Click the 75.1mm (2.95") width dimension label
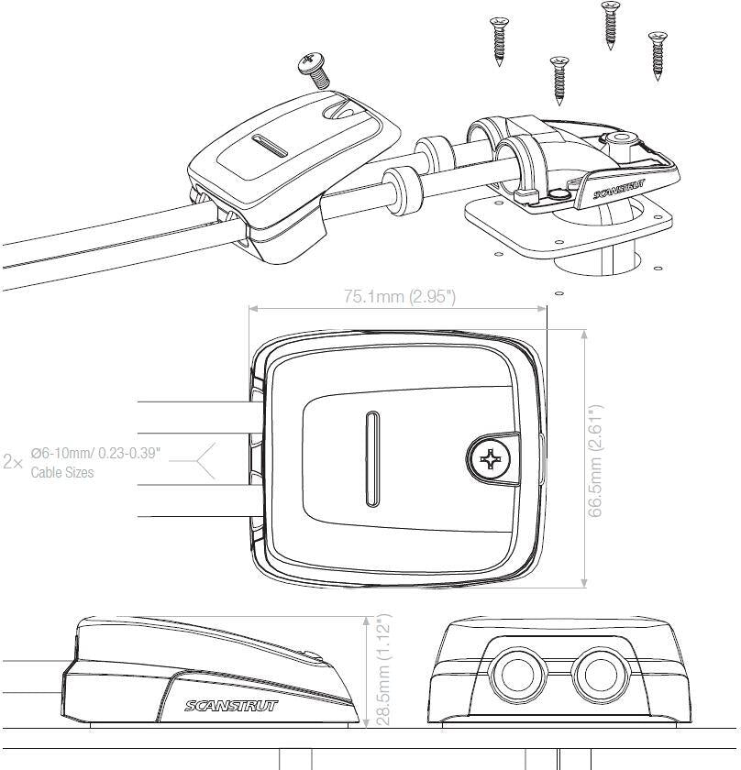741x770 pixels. pyautogui.click(x=400, y=296)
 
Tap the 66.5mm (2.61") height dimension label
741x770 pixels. pyautogui.click(x=594, y=460)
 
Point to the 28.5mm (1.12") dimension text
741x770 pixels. pyautogui.click(x=382, y=669)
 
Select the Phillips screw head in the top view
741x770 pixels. pyautogui.click(x=489, y=459)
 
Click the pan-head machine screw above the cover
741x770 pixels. pyautogui.click(x=313, y=70)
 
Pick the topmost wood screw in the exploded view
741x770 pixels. pyautogui.click(x=610, y=25)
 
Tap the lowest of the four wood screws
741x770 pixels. pyautogui.click(x=559, y=81)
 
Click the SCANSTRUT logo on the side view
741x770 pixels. pyautogui.click(x=231, y=706)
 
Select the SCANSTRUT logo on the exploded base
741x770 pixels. pyautogui.click(x=619, y=190)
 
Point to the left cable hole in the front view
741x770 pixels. pyautogui.click(x=517, y=675)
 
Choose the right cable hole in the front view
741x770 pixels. pyautogui.click(x=601, y=675)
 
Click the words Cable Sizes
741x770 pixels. pyautogui.click(x=62, y=472)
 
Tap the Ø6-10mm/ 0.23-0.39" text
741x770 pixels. pyautogui.click(x=95, y=453)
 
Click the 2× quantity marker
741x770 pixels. pyautogui.click(x=13, y=462)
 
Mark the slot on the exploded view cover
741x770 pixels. pyautogui.click(x=270, y=146)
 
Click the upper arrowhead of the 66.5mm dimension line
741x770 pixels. pyautogui.click(x=584, y=335)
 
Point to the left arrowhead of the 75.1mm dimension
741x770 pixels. pyautogui.click(x=254, y=308)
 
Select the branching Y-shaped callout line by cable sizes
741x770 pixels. pyautogui.click(x=193, y=461)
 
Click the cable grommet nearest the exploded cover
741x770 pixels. pyautogui.click(x=403, y=191)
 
